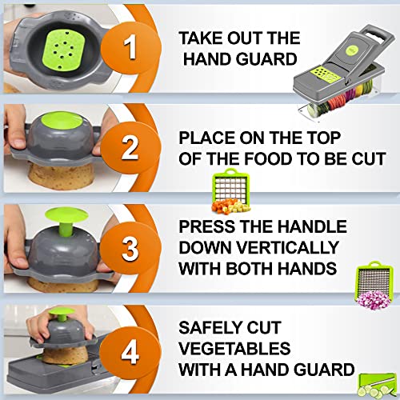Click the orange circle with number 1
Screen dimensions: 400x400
tap(129, 48)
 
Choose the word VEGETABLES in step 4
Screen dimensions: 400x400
tap(234, 348)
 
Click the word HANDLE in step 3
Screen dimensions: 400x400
tap(313, 226)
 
